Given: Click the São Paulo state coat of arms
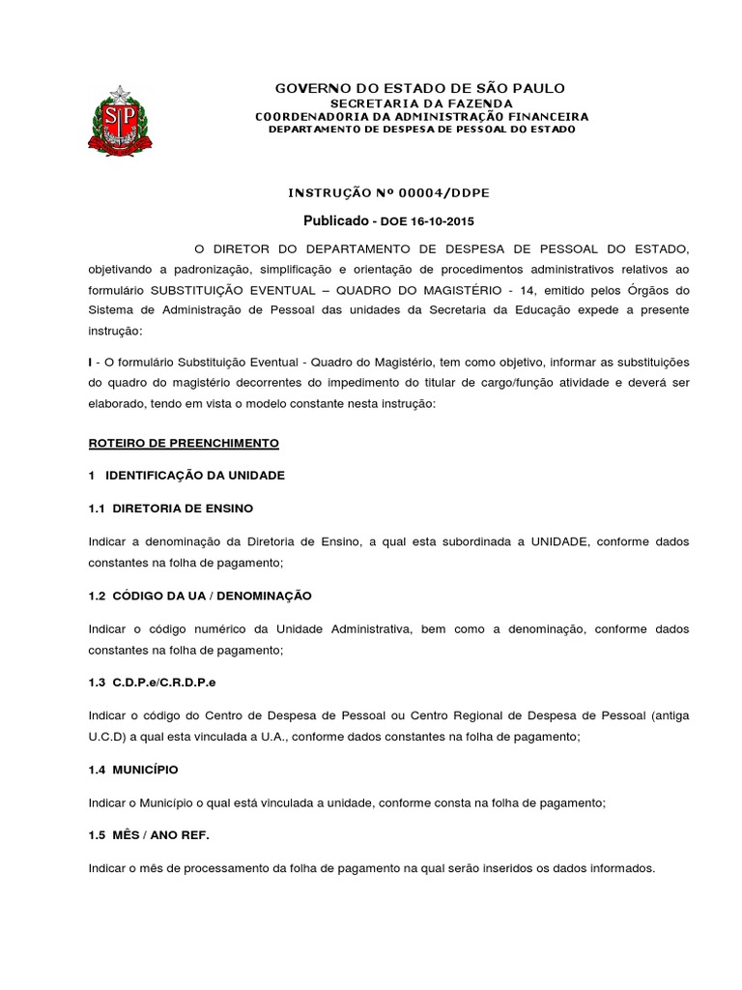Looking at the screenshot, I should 120,121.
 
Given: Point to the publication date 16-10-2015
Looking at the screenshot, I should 439,221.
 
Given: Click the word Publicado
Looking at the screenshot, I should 336,220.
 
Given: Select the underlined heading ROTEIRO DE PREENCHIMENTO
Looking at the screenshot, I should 184,443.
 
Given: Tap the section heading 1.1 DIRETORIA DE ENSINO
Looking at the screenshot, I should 171,508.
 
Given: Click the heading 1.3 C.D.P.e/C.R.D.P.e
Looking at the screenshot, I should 153,683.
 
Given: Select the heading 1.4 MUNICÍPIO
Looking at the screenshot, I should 133,770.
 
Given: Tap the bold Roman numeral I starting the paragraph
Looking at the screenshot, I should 90,362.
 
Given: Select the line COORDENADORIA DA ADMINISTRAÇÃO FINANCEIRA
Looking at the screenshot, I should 421,116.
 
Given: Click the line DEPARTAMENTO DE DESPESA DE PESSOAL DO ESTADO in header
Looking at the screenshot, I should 421,130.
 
